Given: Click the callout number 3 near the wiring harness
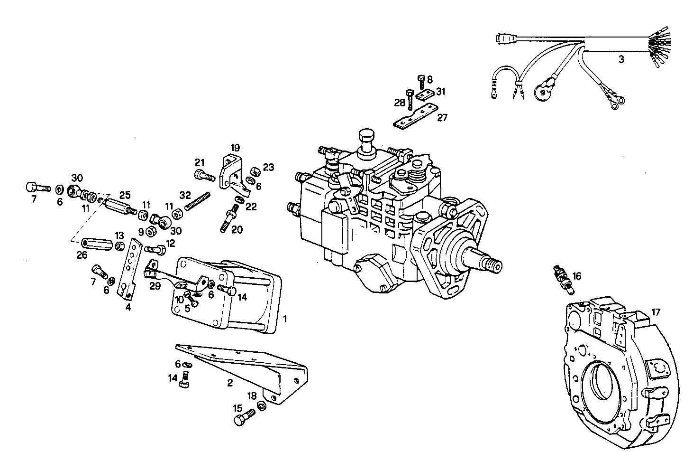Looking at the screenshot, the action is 621,60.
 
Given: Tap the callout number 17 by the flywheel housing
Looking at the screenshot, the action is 655,312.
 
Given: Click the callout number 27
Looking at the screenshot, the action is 442,117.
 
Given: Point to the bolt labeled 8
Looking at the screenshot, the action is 421,83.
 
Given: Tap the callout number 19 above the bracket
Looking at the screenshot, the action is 236,147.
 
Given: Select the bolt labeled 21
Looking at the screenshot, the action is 204,176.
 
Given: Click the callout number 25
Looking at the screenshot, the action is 125,195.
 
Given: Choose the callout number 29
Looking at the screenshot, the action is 155,286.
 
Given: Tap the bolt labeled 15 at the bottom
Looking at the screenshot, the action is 244,418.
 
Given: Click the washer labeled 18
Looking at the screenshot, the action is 261,406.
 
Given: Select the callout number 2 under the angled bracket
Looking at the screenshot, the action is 230,383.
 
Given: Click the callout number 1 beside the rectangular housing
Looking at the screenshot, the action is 285,318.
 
